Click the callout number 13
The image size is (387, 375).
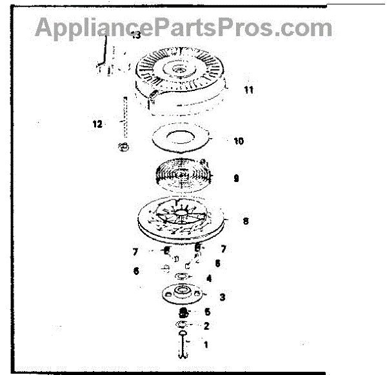click(135, 35)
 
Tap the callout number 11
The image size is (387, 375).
click(248, 90)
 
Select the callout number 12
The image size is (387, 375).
click(97, 124)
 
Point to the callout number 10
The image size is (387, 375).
click(239, 141)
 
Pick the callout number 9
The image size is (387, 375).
click(236, 179)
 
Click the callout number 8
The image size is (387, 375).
click(245, 221)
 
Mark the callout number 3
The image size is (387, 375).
click(222, 298)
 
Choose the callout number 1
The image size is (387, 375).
click(206, 345)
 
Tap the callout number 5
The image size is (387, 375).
click(207, 311)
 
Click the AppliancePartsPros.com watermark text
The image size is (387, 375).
click(184, 28)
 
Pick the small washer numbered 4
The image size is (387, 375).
click(182, 277)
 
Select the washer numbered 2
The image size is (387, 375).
click(183, 323)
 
